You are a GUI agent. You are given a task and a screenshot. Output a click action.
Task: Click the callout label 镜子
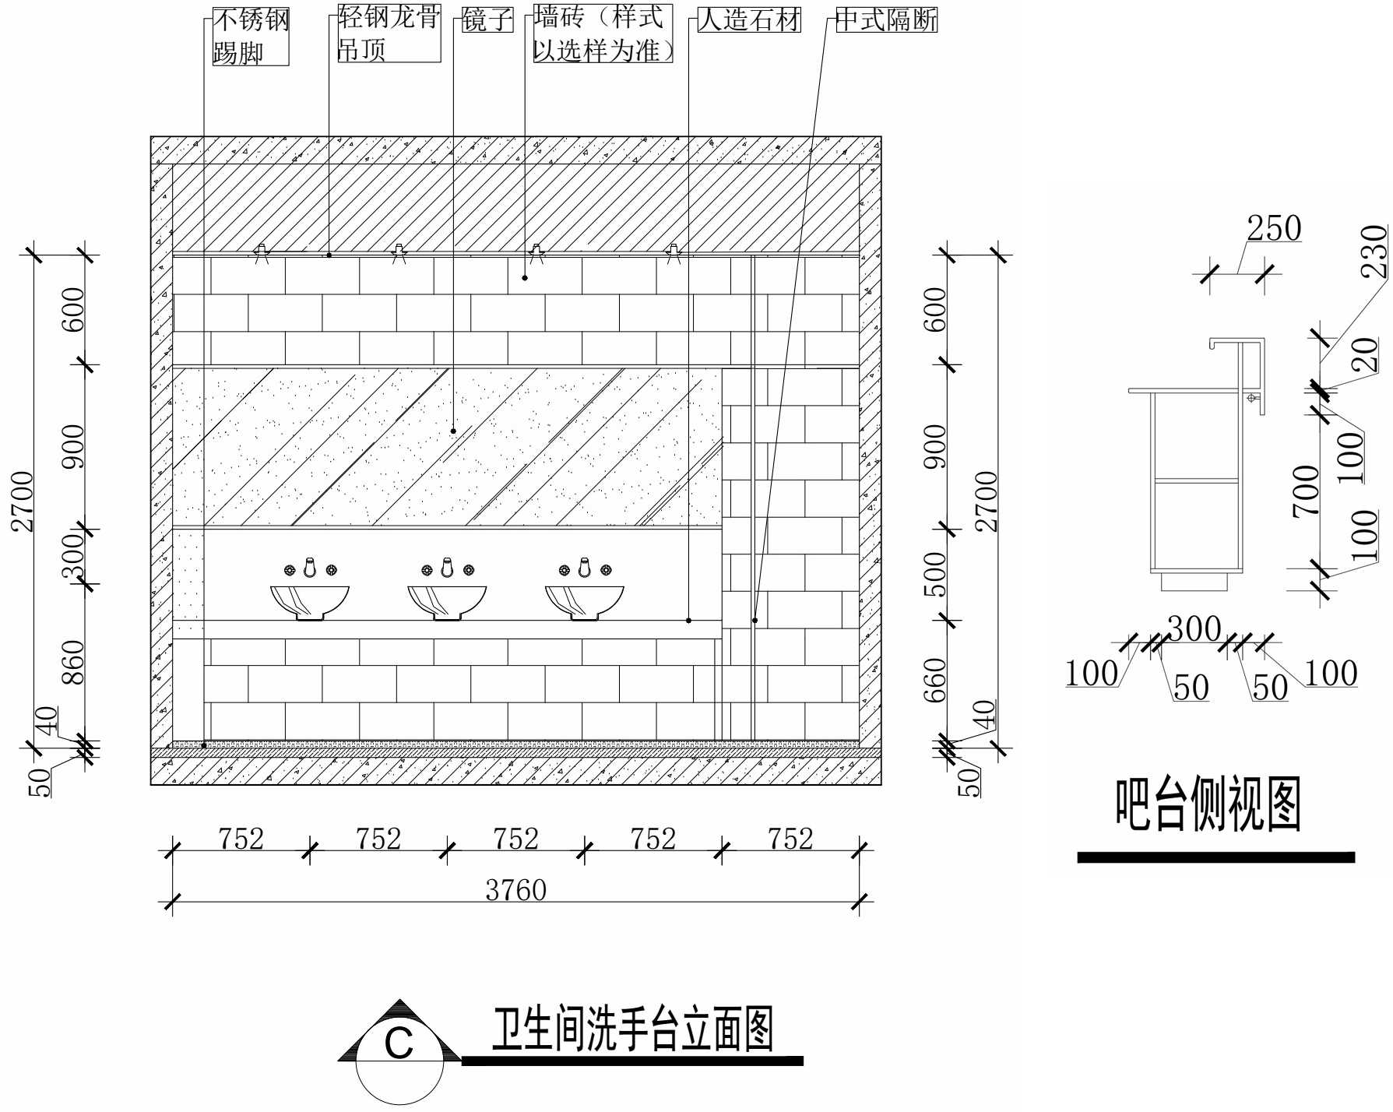pyautogui.click(x=487, y=20)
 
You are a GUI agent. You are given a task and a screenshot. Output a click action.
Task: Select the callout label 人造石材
pyautogui.click(x=749, y=20)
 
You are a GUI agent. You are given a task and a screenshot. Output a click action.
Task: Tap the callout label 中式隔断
pyautogui.click(x=886, y=20)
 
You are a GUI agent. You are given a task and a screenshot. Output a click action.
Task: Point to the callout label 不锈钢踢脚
pyautogui.click(x=251, y=37)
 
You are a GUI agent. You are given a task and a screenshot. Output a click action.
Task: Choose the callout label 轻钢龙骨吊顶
pyautogui.click(x=389, y=34)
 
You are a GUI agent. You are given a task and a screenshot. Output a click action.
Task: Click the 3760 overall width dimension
pyautogui.click(x=515, y=890)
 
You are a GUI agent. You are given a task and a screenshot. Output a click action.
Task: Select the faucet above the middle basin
pyautogui.click(x=447, y=568)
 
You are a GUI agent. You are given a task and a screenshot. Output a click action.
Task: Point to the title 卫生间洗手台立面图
pyautogui.click(x=632, y=1029)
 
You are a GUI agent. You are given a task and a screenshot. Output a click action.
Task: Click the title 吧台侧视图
pyautogui.click(x=1208, y=805)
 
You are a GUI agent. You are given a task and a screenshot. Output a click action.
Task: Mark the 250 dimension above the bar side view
pyautogui.click(x=1274, y=229)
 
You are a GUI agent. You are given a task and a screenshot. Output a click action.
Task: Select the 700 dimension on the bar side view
pyautogui.click(x=1306, y=491)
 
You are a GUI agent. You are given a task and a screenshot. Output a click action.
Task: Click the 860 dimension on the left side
pyautogui.click(x=72, y=662)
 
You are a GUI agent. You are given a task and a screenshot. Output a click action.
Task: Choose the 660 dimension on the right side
pyautogui.click(x=934, y=679)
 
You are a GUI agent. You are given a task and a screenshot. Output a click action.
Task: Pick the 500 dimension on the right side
pyautogui.click(x=934, y=575)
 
